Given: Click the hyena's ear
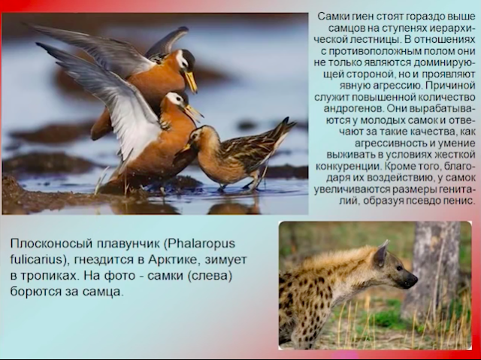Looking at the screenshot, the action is (x=381, y=253).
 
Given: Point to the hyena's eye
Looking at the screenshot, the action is (x=398, y=268).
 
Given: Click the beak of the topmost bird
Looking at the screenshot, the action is (x=191, y=81).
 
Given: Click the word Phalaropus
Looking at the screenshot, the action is (x=199, y=244).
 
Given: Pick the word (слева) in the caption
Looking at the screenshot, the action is (x=210, y=276).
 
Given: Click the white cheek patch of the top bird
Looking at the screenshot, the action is (x=182, y=59).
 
